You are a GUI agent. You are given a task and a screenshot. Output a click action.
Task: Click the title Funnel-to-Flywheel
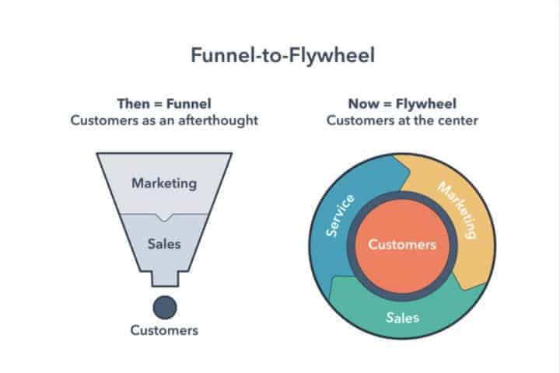(280, 56)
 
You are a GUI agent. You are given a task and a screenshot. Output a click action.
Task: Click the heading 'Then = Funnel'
(163, 103)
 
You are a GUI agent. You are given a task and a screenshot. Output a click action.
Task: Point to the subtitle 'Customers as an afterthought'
(163, 120)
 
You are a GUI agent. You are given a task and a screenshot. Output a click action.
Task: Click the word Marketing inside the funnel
(163, 183)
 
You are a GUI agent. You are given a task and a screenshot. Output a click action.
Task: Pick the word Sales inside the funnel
(163, 243)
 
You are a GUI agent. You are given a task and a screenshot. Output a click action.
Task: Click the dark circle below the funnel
(164, 307)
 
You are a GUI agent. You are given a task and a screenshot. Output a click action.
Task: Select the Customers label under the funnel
(164, 330)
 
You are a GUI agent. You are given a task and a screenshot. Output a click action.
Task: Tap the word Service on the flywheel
(338, 216)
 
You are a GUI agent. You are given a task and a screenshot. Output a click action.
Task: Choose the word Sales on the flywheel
(402, 317)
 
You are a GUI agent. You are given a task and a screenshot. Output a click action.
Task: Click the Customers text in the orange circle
(402, 244)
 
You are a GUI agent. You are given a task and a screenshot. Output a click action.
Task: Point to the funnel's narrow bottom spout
(164, 278)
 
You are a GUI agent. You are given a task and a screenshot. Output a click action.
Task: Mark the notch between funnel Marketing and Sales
(164, 215)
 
